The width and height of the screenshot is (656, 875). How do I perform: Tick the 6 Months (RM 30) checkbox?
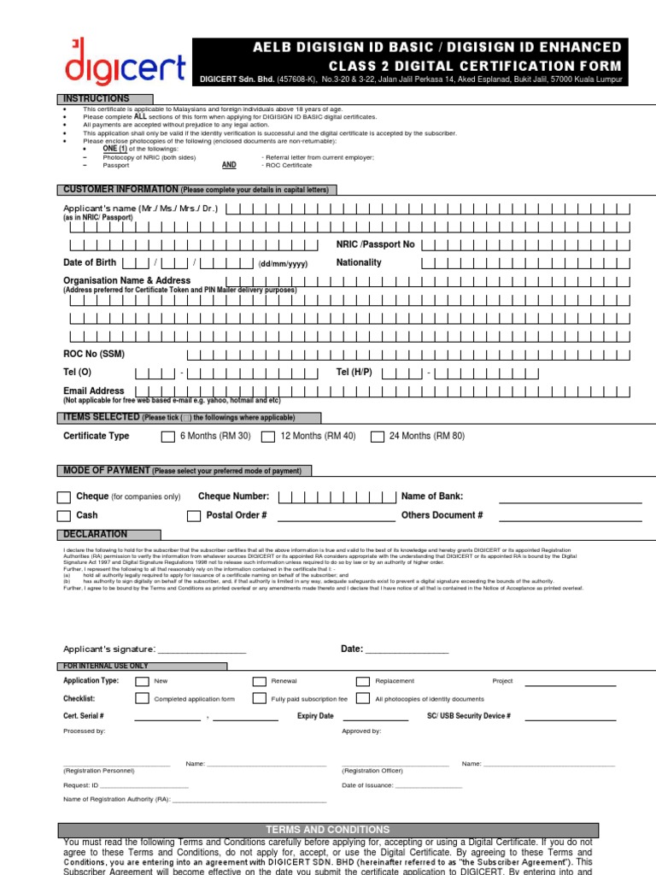168,437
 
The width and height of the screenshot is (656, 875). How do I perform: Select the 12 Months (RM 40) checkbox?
268,437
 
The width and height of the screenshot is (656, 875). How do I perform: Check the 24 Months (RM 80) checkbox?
378,437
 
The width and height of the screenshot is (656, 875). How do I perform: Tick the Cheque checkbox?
64,497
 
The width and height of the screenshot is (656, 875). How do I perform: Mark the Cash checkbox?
64,516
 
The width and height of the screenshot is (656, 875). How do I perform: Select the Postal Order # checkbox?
194,516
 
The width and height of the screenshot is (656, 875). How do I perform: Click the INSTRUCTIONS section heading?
106,99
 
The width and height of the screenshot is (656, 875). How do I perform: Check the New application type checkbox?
141,681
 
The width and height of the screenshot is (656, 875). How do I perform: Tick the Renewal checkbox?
260,681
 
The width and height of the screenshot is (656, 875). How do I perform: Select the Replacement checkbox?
362,681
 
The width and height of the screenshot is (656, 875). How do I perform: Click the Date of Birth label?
90,262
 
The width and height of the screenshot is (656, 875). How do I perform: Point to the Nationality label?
359,262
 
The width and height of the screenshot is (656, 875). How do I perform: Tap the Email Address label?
94,391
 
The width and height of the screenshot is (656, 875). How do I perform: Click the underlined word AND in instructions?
229,165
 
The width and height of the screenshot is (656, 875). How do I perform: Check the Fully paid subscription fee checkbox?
260,698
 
